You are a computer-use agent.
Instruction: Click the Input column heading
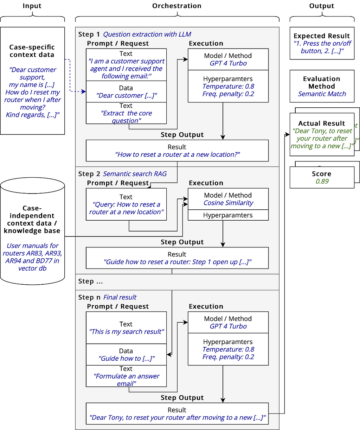click(x=32, y=6)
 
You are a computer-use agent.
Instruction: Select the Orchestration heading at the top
click(x=177, y=6)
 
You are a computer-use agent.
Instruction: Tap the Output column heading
click(x=322, y=6)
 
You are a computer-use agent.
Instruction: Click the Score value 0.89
click(x=322, y=181)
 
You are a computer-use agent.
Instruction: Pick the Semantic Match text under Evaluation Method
click(x=322, y=94)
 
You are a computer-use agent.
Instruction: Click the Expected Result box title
click(x=322, y=36)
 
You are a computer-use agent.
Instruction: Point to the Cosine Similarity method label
click(x=228, y=203)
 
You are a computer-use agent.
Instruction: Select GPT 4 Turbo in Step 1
click(x=228, y=63)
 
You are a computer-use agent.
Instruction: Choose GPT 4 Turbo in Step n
click(x=228, y=326)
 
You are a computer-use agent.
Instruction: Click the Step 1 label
click(x=89, y=34)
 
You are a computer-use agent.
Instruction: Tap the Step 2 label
click(x=89, y=174)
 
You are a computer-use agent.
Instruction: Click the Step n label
click(x=89, y=297)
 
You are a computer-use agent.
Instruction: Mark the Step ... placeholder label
click(x=90, y=281)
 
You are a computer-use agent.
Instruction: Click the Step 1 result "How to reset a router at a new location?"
click(x=177, y=154)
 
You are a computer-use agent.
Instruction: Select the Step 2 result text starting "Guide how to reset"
click(x=177, y=262)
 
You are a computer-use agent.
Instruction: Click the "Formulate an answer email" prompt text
click(x=126, y=380)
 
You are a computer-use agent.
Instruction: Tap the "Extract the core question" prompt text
click(x=126, y=117)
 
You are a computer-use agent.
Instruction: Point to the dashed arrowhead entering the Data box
click(x=84, y=91)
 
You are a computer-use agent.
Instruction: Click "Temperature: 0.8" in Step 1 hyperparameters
click(x=228, y=86)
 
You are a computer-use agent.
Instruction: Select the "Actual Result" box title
click(x=322, y=123)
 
